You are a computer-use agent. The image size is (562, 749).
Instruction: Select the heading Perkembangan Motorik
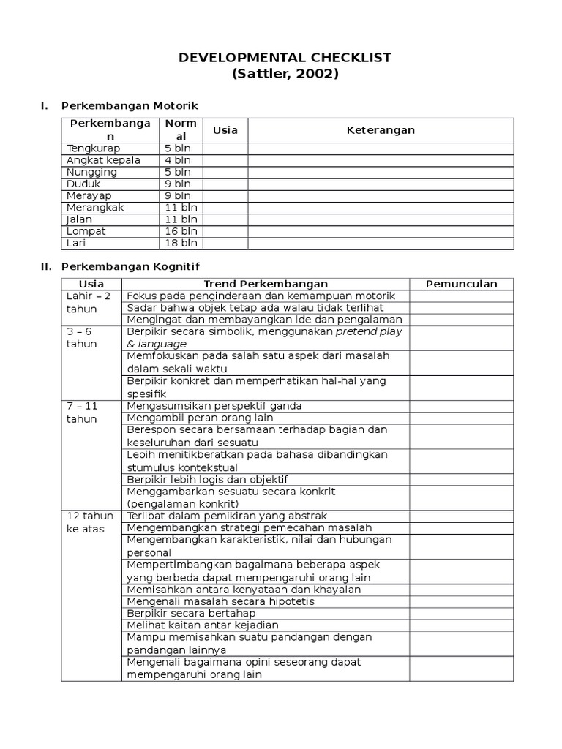(130, 106)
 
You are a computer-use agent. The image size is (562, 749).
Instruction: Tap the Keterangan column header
(380, 130)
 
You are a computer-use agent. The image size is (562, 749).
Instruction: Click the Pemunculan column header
(461, 284)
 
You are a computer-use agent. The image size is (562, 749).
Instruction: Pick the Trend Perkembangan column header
(265, 284)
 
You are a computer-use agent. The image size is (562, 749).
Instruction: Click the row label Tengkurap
(93, 148)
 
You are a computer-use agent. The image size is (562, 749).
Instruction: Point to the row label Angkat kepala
(102, 160)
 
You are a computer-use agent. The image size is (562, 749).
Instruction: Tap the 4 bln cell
(178, 160)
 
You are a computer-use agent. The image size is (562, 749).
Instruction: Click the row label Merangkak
(95, 208)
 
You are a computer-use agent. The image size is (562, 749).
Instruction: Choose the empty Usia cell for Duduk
(225, 184)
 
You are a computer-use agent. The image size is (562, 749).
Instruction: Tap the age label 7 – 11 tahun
(82, 412)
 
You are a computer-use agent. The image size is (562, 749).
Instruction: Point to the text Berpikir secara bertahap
(188, 613)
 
